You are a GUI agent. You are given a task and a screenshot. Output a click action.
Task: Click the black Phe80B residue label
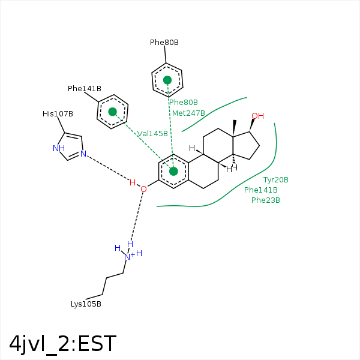point(164,43)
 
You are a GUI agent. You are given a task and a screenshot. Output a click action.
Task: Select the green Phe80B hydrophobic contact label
point(184,103)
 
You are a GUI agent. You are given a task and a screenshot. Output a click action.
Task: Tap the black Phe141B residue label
point(85,89)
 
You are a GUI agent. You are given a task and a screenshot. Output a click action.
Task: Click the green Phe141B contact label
point(261,190)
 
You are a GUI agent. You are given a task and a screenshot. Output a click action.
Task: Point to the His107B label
point(58,114)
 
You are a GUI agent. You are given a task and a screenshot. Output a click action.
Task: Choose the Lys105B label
point(86,304)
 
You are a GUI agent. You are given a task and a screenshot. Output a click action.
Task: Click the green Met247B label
point(188,113)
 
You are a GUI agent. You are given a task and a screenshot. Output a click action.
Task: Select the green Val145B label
point(152,134)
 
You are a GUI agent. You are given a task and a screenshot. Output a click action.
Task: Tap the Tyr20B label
point(276,180)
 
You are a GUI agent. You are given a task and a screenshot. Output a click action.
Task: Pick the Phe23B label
point(266,200)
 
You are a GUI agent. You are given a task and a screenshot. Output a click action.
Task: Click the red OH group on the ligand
point(258,116)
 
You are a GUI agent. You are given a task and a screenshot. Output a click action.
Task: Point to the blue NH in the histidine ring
point(59,149)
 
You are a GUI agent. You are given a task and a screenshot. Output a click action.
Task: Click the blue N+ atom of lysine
point(129,257)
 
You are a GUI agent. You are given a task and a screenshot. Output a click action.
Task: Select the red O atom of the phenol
point(144,189)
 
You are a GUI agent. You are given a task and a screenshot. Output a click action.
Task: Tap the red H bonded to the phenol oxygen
point(133,183)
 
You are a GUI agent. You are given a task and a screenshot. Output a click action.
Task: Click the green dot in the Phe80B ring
point(167,80)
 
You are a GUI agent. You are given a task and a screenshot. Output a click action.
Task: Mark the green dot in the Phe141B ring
point(113,112)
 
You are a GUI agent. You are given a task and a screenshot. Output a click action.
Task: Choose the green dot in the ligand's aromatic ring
point(173,171)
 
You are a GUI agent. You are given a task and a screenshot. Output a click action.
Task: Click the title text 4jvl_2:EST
point(62,344)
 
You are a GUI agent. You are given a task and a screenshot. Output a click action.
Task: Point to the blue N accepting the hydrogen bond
point(83,154)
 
